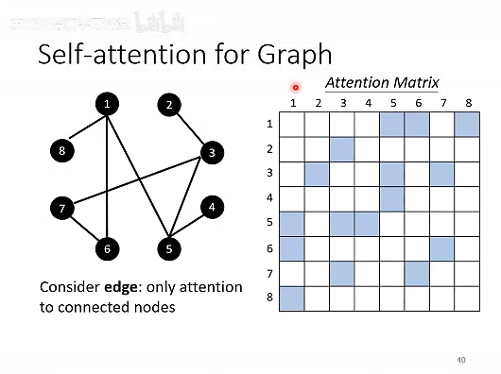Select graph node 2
pyautogui.click(x=169, y=105)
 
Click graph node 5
pyautogui.click(x=169, y=249)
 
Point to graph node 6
pyautogui.click(x=108, y=249)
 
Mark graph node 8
pyautogui.click(x=62, y=150)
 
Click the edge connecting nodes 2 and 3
pyautogui.click(x=191, y=128)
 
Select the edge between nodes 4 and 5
pyautogui.click(x=191, y=228)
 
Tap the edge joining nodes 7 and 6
pyautogui.click(x=85, y=229)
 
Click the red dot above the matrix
pyautogui.click(x=296, y=88)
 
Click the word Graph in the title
pyautogui.click(x=294, y=54)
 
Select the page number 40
pyautogui.click(x=460, y=359)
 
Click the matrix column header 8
pyautogui.click(x=467, y=103)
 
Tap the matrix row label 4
pyautogui.click(x=268, y=198)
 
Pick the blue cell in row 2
pyautogui.click(x=342, y=149)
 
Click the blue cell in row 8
pyautogui.click(x=292, y=297)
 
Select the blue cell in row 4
pyautogui.click(x=391, y=198)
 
